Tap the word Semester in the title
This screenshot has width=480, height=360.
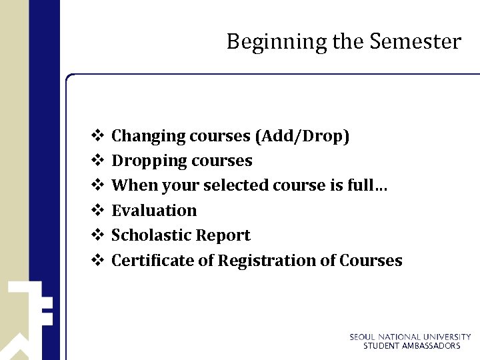pos(415,41)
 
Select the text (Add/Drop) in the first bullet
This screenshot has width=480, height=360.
pos(301,136)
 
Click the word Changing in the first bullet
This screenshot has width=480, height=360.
pos(148,136)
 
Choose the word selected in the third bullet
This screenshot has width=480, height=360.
pos(234,185)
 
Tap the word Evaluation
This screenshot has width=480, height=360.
pos(154,211)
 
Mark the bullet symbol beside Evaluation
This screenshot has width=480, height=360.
pos(96,211)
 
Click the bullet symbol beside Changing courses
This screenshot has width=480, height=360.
pos(96,136)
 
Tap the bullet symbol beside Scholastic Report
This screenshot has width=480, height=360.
pos(96,235)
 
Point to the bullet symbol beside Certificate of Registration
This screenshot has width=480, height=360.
pos(96,261)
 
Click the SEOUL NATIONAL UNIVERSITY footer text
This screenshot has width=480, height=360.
pos(410,337)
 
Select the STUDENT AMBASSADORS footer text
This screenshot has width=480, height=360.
pos(411,346)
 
